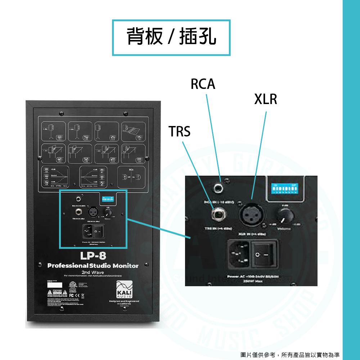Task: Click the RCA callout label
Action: click(203, 84)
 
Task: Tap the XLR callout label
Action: click(266, 99)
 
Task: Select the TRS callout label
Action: click(180, 132)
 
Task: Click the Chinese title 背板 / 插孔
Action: click(171, 37)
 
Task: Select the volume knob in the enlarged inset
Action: click(284, 215)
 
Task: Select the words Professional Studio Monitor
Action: click(93, 266)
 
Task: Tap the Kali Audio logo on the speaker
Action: click(124, 291)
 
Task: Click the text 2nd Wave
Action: click(93, 272)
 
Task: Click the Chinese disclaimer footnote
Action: click(290, 355)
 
